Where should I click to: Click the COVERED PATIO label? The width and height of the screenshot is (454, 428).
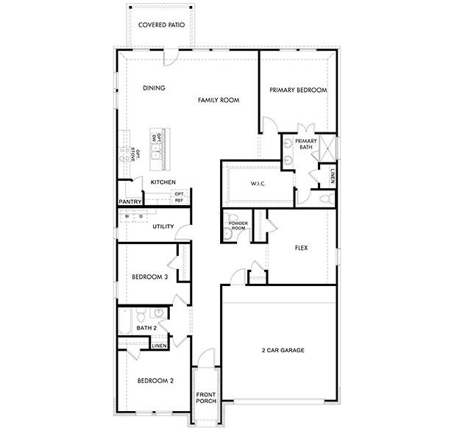click(161, 23)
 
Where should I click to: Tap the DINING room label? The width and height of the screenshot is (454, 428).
click(154, 88)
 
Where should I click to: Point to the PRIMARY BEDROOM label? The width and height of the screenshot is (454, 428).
click(298, 90)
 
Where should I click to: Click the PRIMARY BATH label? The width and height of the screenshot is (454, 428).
click(306, 143)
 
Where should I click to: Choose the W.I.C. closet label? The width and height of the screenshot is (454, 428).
click(258, 182)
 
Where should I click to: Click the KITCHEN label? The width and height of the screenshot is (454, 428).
click(163, 182)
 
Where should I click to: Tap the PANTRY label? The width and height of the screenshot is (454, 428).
click(130, 201)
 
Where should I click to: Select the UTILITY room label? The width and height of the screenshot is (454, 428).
click(163, 227)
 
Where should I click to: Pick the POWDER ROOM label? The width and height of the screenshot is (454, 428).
click(237, 225)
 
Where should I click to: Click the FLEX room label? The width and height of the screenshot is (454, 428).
click(300, 248)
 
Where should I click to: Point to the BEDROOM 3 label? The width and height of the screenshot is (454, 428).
click(150, 277)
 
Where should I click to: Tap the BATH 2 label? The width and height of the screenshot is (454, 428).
click(146, 327)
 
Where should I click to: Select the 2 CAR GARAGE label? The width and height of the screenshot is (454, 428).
click(283, 350)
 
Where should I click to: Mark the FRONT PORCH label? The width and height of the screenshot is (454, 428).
click(205, 399)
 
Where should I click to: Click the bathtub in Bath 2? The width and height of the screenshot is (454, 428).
click(124, 324)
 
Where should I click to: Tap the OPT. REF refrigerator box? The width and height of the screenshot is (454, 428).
click(179, 197)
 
